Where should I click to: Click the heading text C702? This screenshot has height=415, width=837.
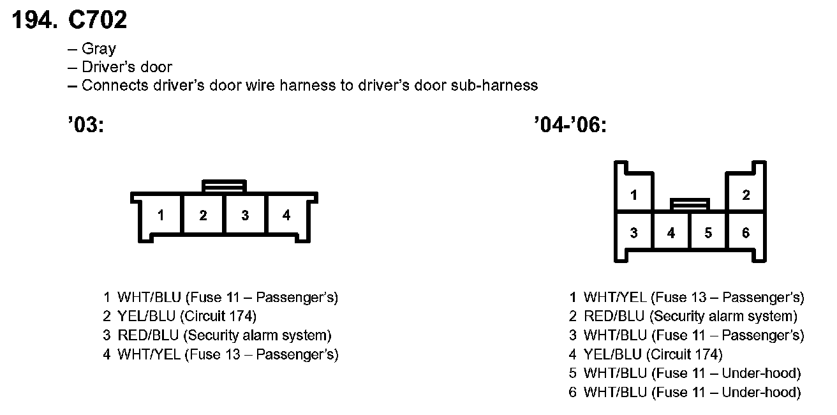[98, 20]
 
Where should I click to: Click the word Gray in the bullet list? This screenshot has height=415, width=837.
[99, 49]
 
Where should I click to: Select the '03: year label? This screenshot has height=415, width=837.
[85, 125]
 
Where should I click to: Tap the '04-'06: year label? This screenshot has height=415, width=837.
[570, 125]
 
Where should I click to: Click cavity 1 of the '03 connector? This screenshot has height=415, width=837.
[161, 215]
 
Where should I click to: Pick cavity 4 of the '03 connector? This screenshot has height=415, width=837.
[286, 215]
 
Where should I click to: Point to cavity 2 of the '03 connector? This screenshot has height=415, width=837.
[203, 215]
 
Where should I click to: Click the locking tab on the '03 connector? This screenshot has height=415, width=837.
[224, 186]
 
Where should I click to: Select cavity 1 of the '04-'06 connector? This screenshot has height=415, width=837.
[633, 195]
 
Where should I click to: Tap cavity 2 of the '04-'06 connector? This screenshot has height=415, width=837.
[746, 195]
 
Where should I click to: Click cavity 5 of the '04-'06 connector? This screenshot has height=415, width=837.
[708, 233]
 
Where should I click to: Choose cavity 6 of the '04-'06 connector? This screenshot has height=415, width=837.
[746, 233]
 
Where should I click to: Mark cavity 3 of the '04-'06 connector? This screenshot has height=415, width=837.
[633, 233]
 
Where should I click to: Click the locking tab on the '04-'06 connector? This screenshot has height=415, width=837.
[690, 204]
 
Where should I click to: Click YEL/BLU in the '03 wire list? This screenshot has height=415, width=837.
[147, 316]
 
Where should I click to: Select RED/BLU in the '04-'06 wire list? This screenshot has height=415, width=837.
[614, 316]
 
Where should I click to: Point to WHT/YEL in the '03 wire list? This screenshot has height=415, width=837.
[149, 354]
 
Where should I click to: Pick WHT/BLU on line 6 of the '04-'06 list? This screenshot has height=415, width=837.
[614, 392]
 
